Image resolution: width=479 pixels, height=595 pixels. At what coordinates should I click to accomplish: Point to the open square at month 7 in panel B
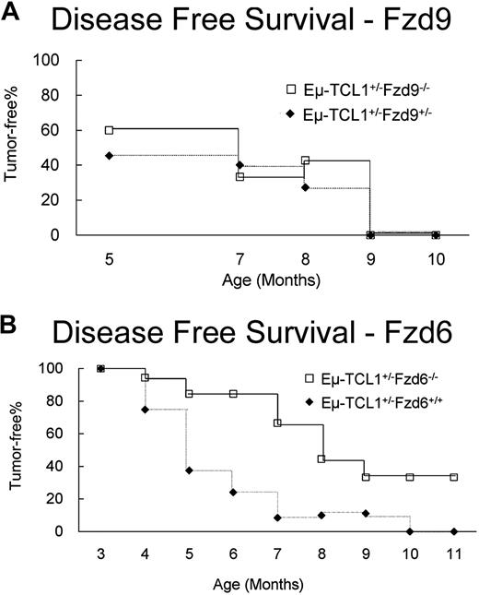click(277, 422)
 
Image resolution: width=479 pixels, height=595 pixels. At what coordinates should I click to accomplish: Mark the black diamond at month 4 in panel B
click(145, 409)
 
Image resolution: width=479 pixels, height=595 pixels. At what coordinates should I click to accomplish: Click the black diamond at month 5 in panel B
click(189, 470)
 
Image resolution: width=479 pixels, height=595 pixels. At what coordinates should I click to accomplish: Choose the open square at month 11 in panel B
click(454, 477)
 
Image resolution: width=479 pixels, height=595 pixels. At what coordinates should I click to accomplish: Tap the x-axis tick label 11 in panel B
click(454, 556)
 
